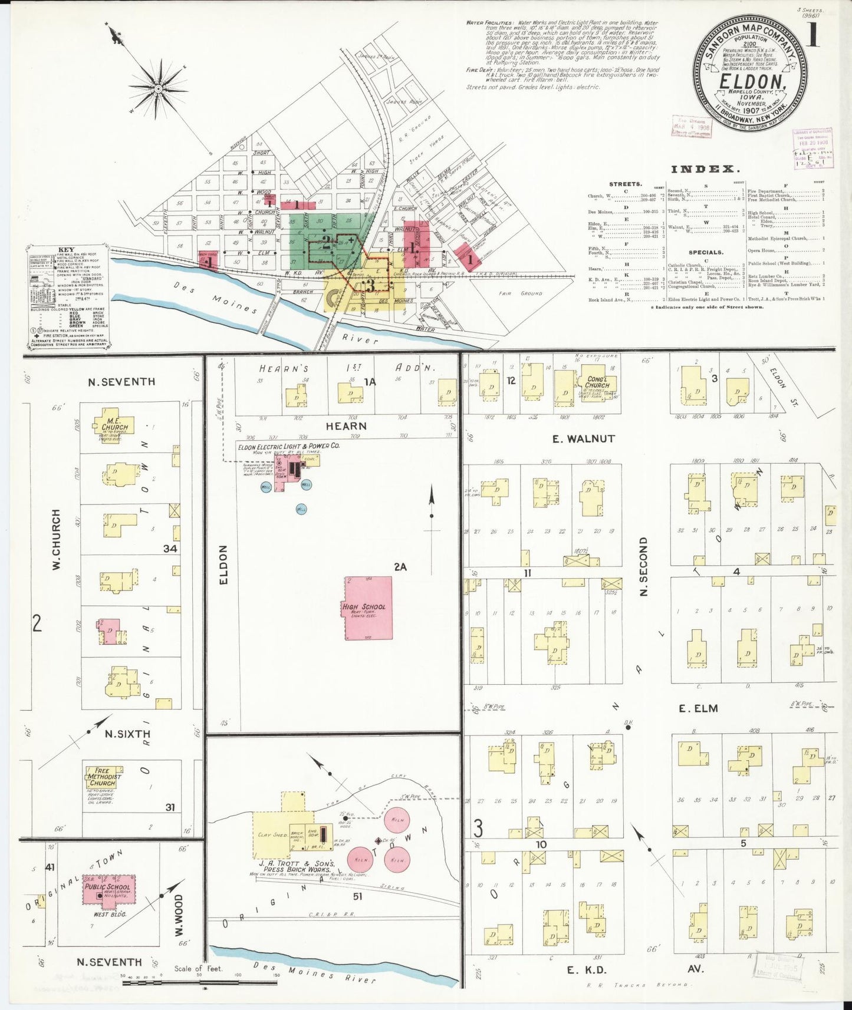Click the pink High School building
point(369,608)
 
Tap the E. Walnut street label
point(583,438)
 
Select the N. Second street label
point(643,566)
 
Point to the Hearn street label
point(346,425)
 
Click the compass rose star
point(157,89)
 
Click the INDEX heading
point(705,169)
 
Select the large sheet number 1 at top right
point(812,37)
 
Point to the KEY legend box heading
point(66,250)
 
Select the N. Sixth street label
point(127,734)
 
